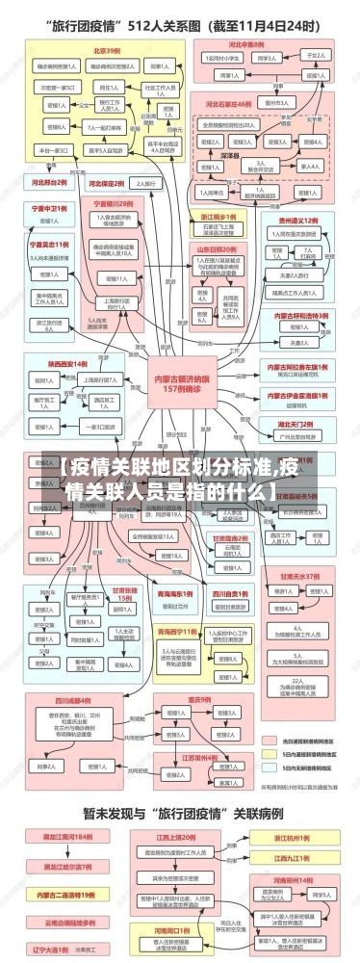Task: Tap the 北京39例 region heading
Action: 106,49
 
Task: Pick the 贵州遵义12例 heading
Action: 298,221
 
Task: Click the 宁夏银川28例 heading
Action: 113,204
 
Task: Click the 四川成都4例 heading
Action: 72,673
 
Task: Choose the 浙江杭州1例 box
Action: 293,838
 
